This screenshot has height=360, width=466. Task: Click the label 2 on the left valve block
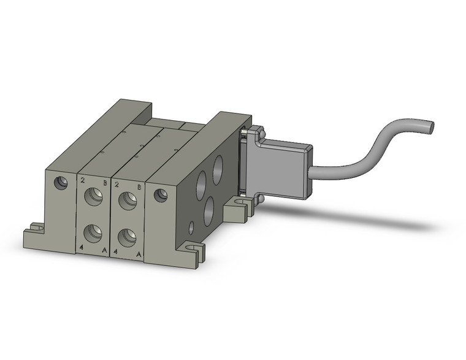click(82, 180)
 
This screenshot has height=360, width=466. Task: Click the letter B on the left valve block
click(105, 183)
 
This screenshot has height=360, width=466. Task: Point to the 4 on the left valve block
click(82, 247)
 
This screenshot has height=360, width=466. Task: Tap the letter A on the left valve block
click(104, 251)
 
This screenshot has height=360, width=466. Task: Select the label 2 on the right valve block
click(116, 184)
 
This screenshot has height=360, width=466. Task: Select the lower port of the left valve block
click(93, 232)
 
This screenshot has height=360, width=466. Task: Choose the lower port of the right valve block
click(127, 237)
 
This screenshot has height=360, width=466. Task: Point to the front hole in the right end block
click(161, 196)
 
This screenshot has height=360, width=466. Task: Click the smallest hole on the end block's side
click(191, 228)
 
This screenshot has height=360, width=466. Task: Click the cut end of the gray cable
click(430, 127)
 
